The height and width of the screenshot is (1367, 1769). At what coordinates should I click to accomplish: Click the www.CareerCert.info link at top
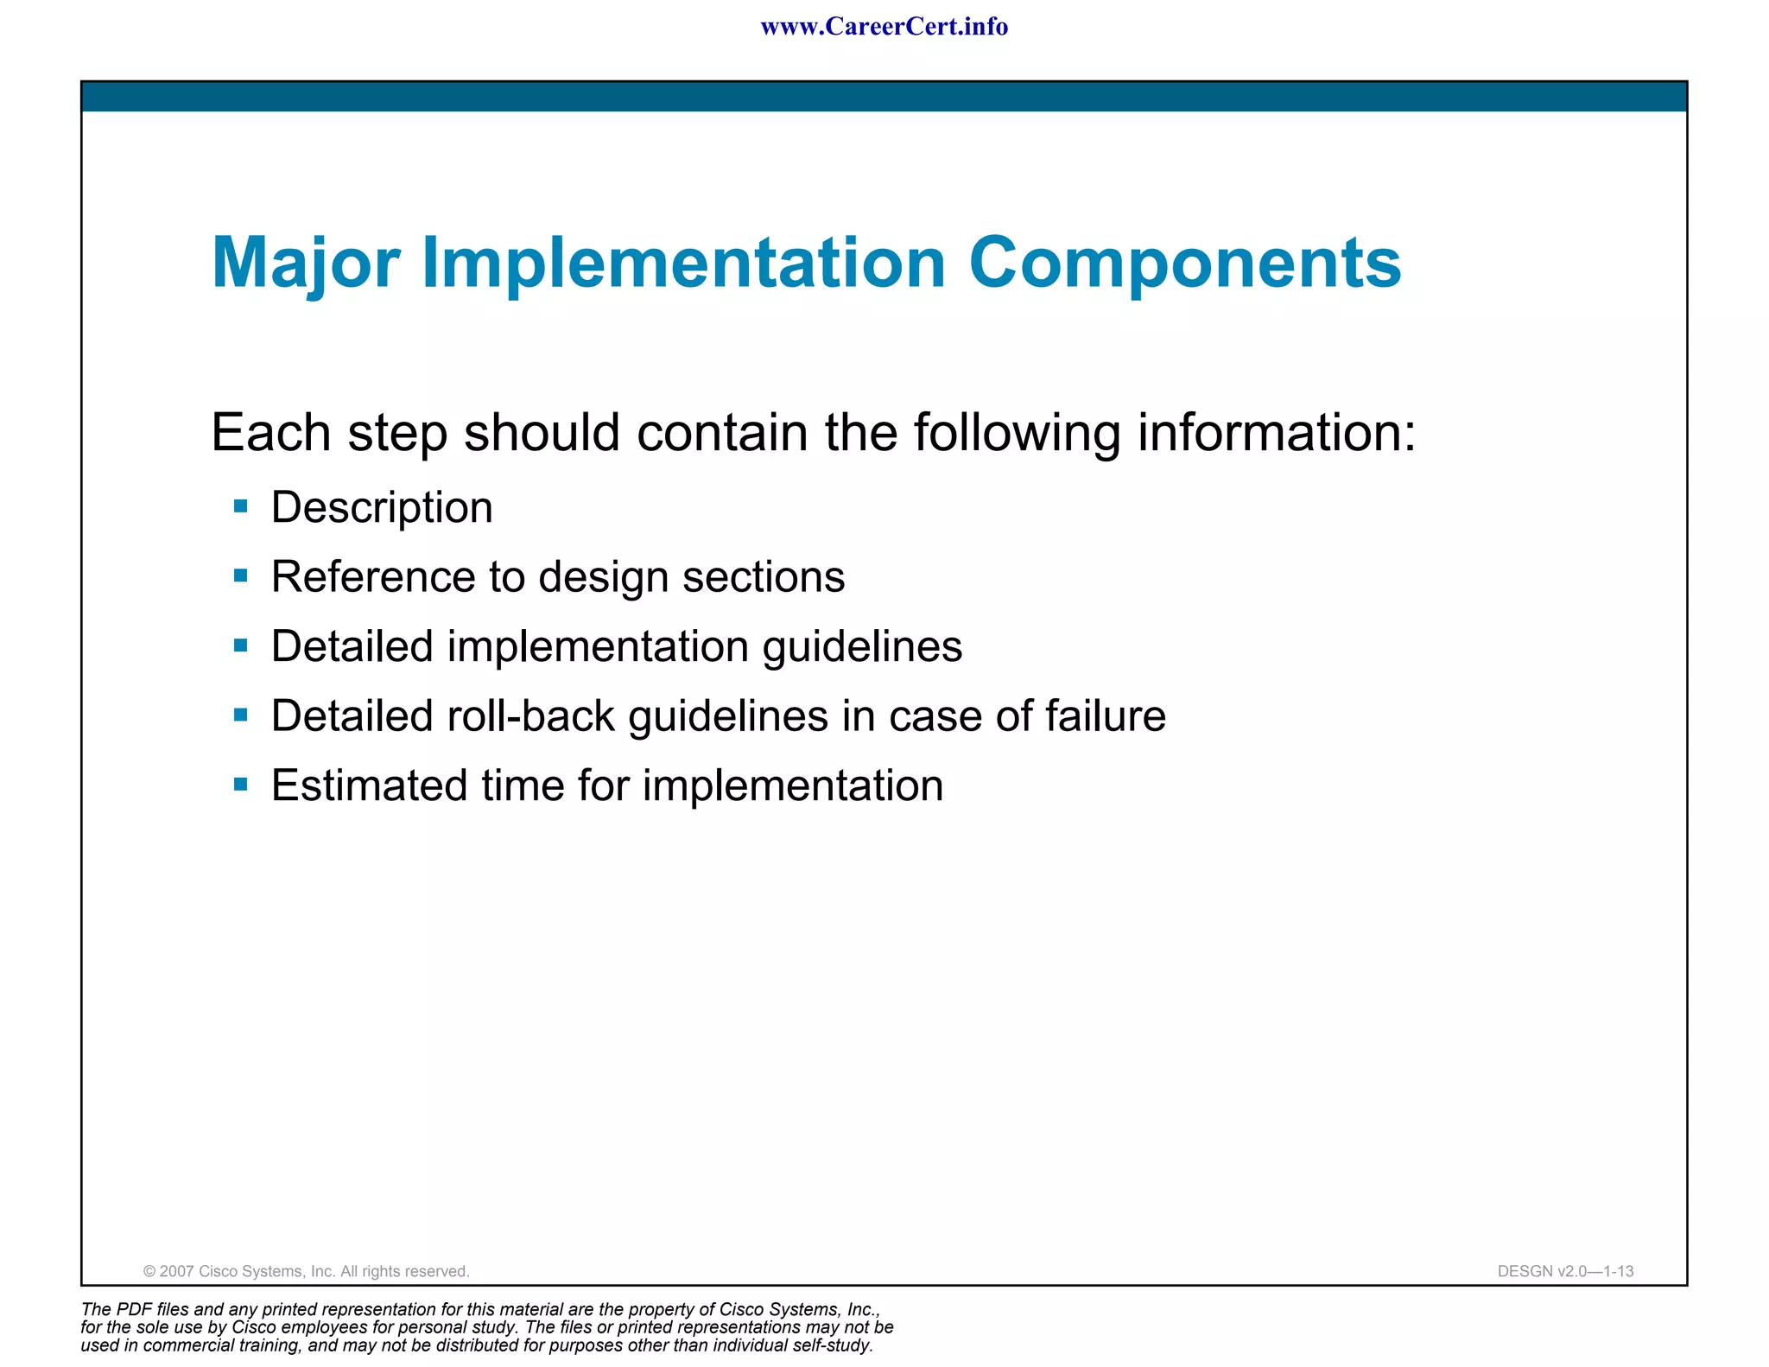point(884,27)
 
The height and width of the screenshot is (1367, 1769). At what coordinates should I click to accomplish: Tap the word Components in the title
point(1184,263)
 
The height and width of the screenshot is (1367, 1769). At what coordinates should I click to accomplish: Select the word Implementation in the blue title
point(683,263)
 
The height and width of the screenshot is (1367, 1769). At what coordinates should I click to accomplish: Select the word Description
point(382,507)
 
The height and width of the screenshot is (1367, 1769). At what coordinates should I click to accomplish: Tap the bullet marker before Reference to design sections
point(241,575)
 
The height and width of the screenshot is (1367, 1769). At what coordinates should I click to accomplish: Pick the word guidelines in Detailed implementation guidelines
point(861,646)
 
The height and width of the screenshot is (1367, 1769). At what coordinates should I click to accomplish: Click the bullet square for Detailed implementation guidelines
point(241,645)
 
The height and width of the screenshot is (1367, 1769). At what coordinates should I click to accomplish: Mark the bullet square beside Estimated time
point(241,785)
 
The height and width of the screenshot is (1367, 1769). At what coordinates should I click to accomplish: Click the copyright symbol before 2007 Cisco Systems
point(149,1272)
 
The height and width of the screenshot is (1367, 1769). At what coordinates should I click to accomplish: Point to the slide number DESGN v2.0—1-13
point(1565,1272)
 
